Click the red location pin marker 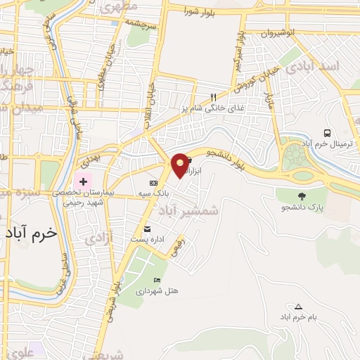pyautogui.click(x=180, y=165)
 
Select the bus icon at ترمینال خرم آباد pyautogui.click(x=327, y=133)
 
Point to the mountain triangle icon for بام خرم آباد pyautogui.click(x=298, y=307)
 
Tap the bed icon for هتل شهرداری pyautogui.click(x=156, y=280)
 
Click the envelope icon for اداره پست pyautogui.click(x=147, y=229)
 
